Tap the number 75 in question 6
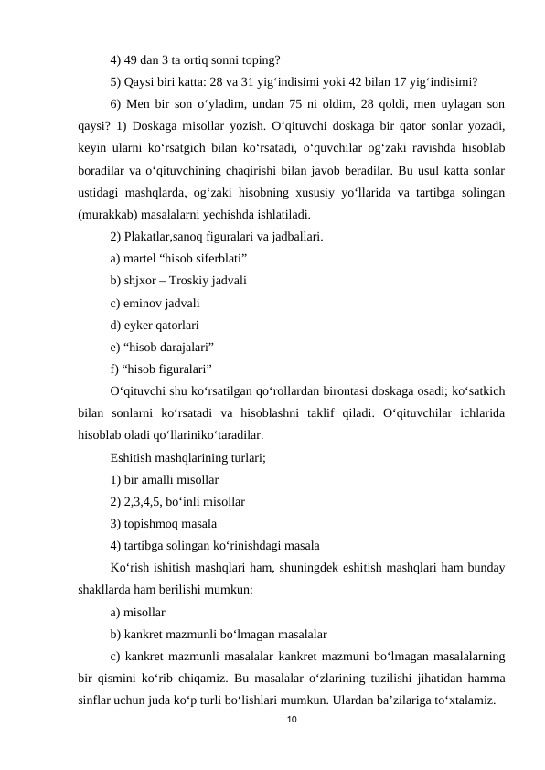(314, 101)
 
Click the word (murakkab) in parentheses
(110, 217)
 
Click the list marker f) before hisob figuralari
(115, 369)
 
